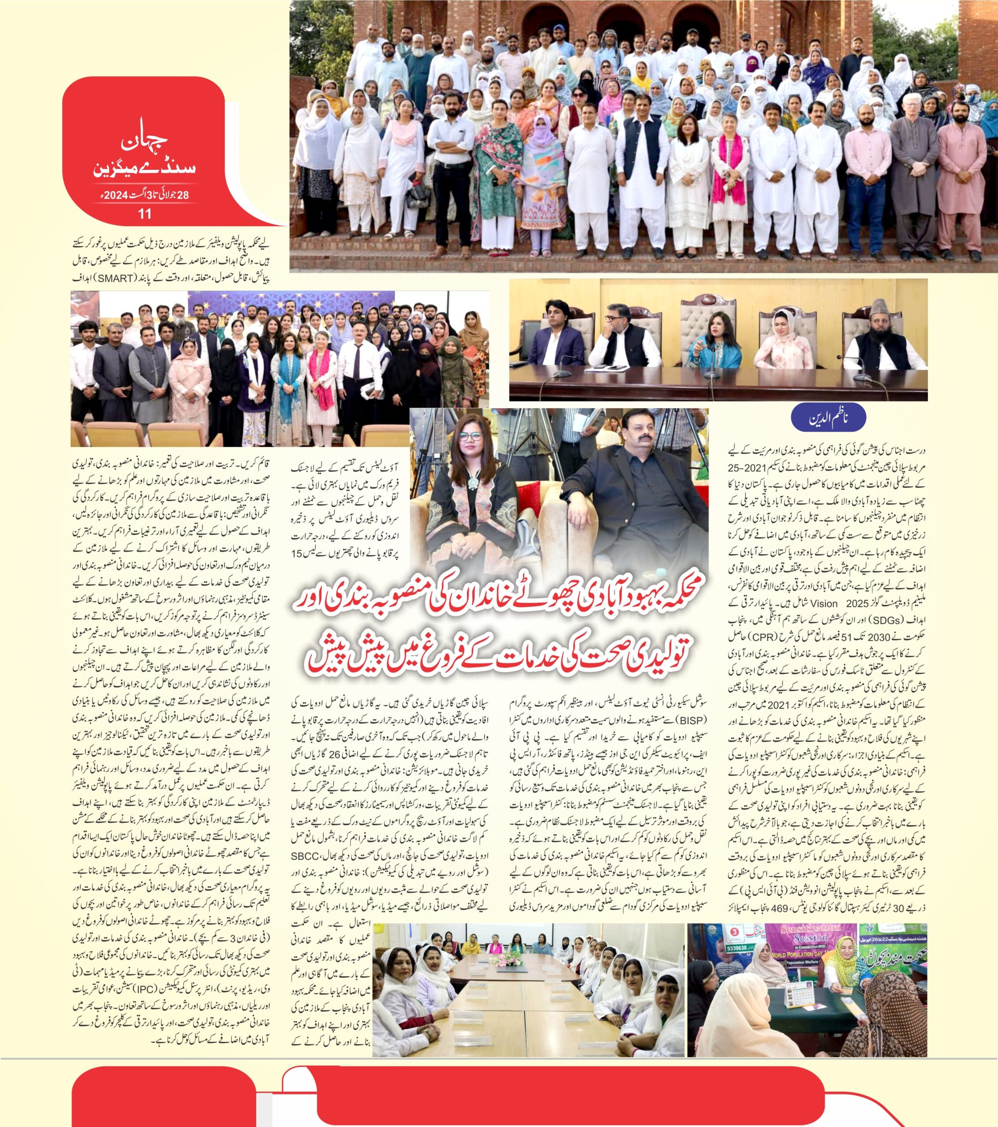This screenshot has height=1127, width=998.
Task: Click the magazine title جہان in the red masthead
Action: [144, 144]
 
